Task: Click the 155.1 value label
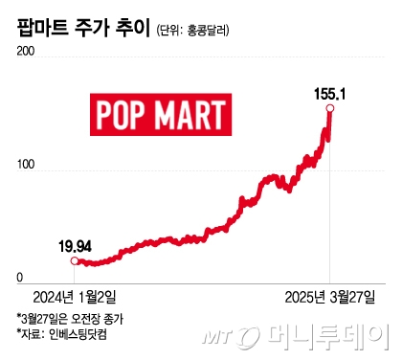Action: (x=331, y=93)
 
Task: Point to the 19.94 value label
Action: (x=75, y=246)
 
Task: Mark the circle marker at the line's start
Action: (x=75, y=259)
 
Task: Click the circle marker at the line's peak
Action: (x=331, y=109)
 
